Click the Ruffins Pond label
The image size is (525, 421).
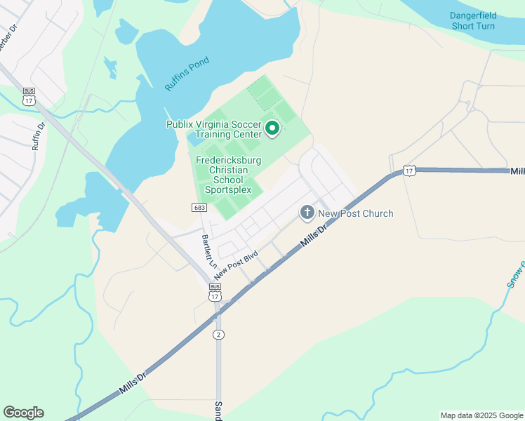187,73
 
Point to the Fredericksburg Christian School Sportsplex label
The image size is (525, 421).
229,175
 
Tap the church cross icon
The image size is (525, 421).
307,212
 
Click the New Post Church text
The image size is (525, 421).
355,213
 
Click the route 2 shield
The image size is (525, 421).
219,334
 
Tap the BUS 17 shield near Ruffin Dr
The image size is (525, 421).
29,97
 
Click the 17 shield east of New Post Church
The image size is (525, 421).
409,171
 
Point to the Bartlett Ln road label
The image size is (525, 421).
208,251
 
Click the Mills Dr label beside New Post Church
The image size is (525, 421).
313,236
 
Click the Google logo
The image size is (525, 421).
23,413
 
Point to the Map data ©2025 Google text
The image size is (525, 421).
481,415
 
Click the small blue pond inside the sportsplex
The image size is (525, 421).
194,140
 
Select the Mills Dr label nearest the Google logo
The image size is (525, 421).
133,383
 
